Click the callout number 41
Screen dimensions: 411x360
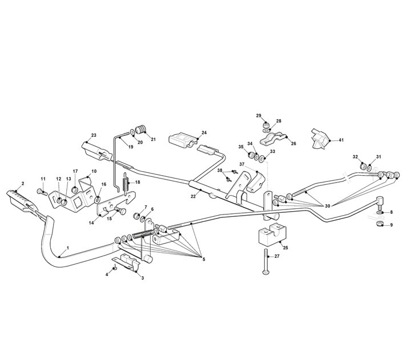coord(341,140)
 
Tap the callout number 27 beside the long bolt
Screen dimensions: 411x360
coord(277,256)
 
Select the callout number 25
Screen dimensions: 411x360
coord(285,248)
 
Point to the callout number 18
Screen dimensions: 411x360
coord(138,182)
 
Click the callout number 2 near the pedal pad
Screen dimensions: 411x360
coord(23,183)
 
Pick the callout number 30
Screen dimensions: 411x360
coord(328,206)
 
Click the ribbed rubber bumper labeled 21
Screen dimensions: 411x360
coord(142,130)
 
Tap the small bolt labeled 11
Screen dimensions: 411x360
coord(42,192)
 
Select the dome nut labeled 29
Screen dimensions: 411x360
coord(267,124)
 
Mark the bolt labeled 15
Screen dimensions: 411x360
coord(120,211)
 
